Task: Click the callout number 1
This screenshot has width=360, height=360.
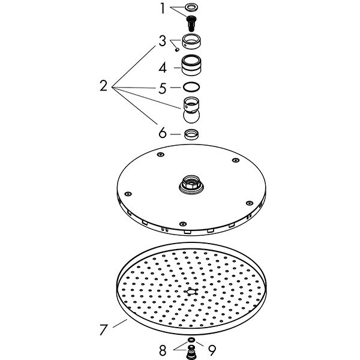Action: click(x=163, y=8)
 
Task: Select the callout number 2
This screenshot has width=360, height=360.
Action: click(x=104, y=86)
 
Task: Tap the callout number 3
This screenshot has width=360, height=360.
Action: click(x=163, y=41)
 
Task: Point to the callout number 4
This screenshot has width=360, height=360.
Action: click(x=163, y=68)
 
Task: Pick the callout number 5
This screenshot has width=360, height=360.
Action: click(x=163, y=88)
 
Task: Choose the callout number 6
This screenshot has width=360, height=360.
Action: click(x=163, y=133)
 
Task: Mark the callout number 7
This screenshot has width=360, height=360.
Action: click(x=103, y=329)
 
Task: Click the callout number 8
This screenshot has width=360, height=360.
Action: click(x=163, y=350)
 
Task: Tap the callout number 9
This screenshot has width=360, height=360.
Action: click(x=212, y=350)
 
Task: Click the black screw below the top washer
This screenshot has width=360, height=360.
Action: click(x=191, y=23)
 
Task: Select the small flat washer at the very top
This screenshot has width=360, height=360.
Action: click(x=191, y=8)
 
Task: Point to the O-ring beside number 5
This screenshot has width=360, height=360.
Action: click(x=191, y=87)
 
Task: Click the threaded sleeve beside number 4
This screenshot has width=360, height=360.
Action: click(x=191, y=65)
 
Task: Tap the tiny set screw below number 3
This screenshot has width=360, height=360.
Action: click(x=177, y=49)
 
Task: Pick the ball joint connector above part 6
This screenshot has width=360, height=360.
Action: click(x=191, y=110)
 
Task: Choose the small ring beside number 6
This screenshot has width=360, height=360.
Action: click(x=191, y=134)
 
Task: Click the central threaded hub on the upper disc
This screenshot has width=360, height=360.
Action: click(x=191, y=185)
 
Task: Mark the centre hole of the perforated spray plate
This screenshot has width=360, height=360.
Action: click(x=191, y=292)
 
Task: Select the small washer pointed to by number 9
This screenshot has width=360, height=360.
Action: click(x=191, y=340)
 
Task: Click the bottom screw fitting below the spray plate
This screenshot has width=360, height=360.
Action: click(x=191, y=352)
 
